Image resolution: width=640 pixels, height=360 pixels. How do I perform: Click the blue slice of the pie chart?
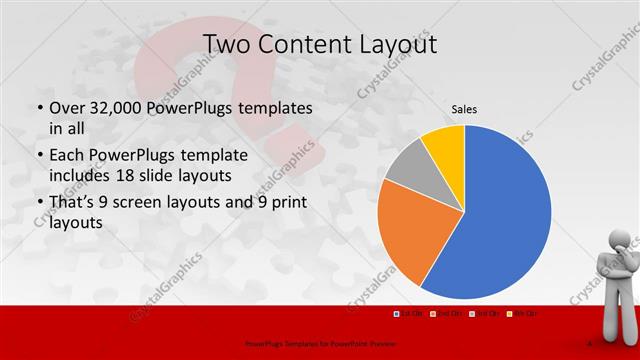(505, 215)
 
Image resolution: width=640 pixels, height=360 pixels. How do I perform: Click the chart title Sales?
(464, 108)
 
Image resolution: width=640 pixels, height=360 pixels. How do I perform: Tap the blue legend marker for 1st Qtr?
(396, 314)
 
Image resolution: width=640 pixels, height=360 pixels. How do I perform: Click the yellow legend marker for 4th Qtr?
(509, 314)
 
